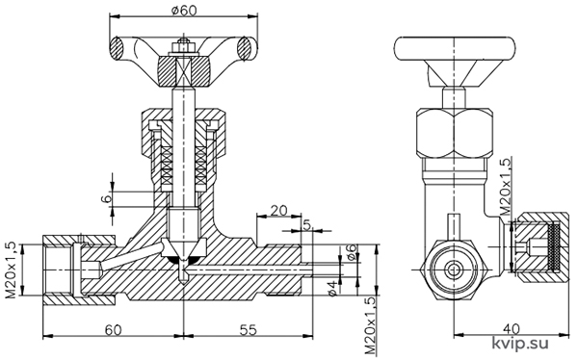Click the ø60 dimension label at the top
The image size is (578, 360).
click(184, 10)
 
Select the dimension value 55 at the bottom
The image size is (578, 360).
click(249, 329)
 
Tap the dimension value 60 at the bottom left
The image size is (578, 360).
click(113, 329)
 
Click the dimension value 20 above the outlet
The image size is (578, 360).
click(278, 211)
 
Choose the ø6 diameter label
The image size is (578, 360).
click(352, 252)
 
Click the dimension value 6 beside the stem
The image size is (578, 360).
click(106, 198)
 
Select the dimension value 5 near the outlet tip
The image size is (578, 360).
click(306, 224)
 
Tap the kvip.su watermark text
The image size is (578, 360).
click(520, 343)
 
